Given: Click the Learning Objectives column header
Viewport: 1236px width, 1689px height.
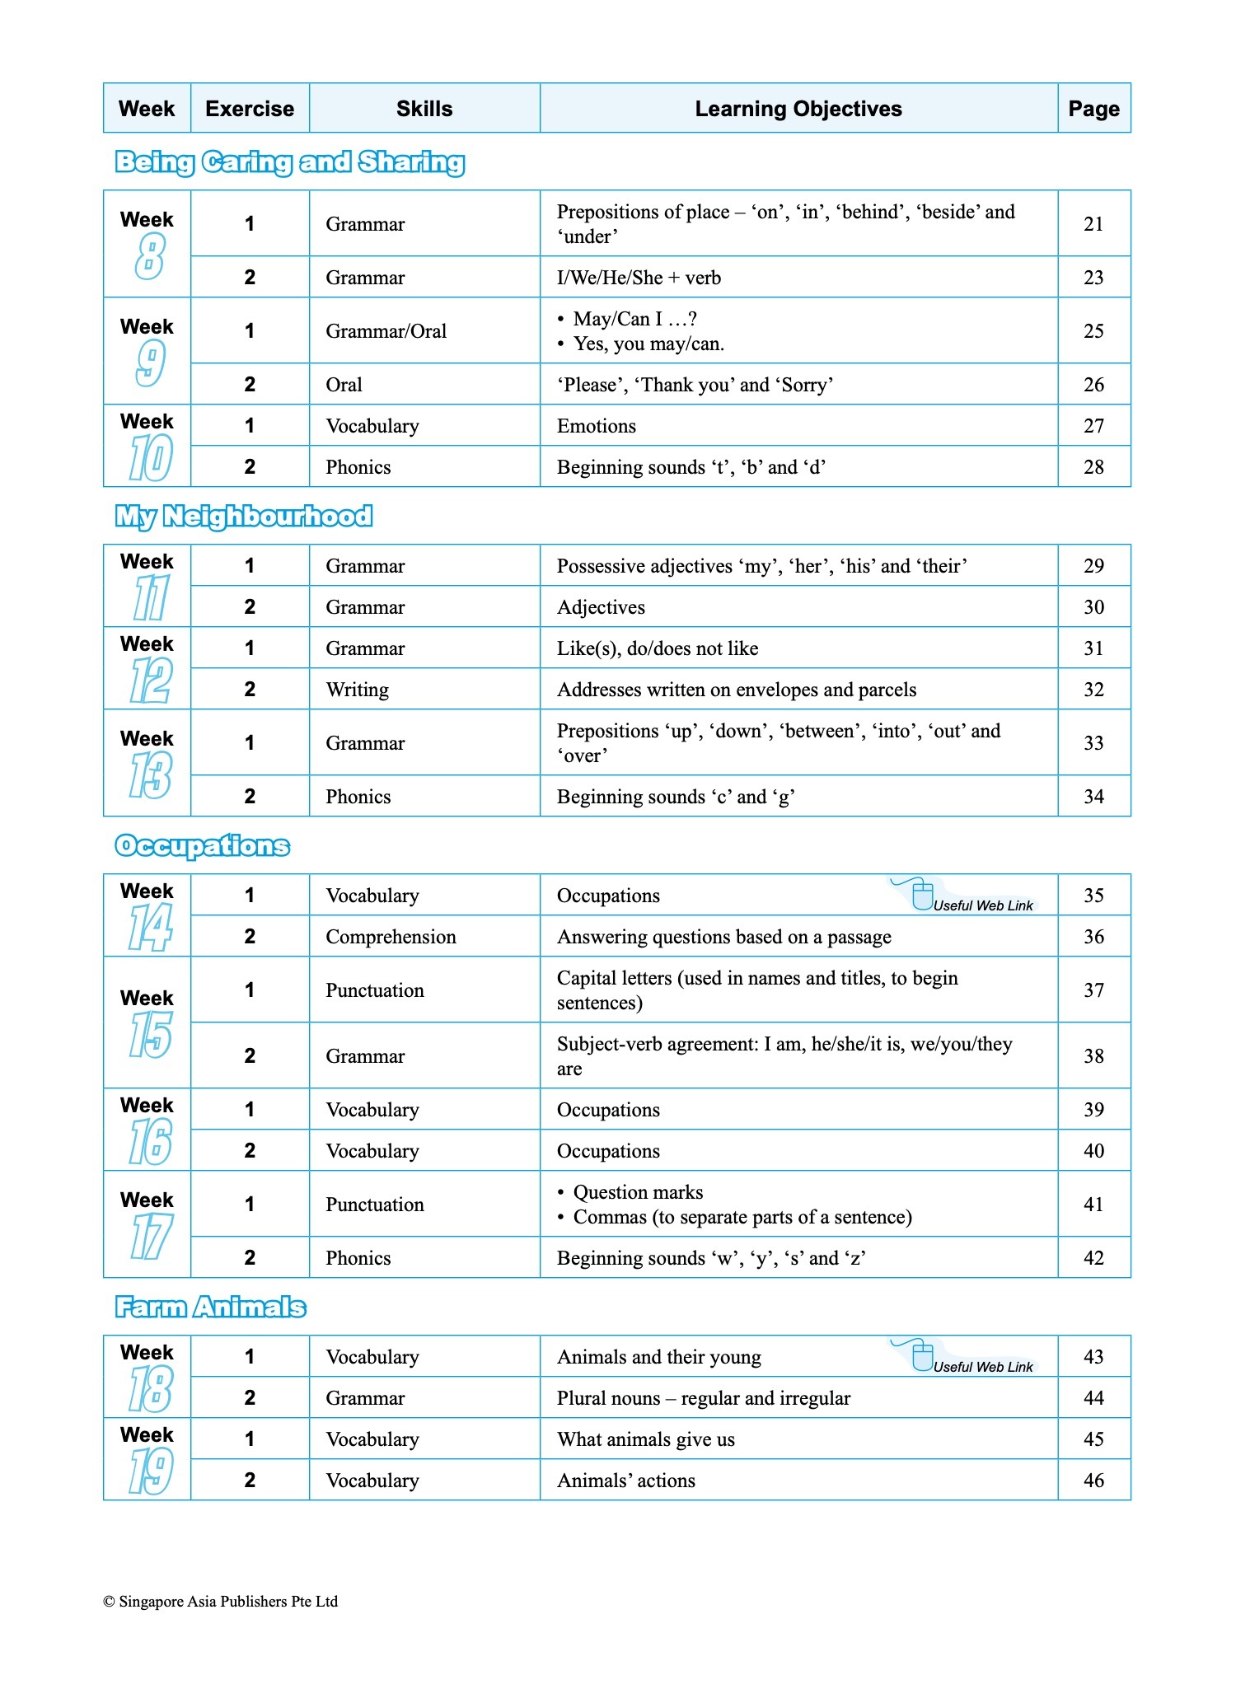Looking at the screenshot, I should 798,109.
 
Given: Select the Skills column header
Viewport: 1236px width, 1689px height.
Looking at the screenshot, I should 424,109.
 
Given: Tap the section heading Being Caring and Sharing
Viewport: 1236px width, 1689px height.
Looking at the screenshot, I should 289,162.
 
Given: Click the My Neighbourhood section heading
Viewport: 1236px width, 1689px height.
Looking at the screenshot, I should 244,517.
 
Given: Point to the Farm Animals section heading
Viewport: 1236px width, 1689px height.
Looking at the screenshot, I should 210,1308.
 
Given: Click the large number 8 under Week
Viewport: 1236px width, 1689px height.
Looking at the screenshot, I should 149,256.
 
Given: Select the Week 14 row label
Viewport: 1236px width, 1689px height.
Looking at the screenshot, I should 147,915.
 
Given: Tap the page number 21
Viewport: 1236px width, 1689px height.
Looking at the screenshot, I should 1093,224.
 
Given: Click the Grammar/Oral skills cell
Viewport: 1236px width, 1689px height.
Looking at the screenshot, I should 386,331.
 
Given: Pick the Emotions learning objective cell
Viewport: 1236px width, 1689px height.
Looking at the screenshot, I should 597,426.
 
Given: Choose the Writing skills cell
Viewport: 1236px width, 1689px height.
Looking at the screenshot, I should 357,690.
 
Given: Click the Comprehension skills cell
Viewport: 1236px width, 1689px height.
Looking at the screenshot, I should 391,937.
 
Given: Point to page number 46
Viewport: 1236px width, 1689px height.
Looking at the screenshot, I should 1093,1481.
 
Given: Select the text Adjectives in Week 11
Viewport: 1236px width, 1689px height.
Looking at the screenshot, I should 601,607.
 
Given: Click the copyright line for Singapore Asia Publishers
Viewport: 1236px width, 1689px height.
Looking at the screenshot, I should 220,1602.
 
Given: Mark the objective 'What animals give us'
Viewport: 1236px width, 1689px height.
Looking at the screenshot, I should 646,1439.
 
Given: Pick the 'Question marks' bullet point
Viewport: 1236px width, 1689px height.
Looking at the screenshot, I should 638,1192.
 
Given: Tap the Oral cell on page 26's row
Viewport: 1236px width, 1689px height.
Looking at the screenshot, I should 344,385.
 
